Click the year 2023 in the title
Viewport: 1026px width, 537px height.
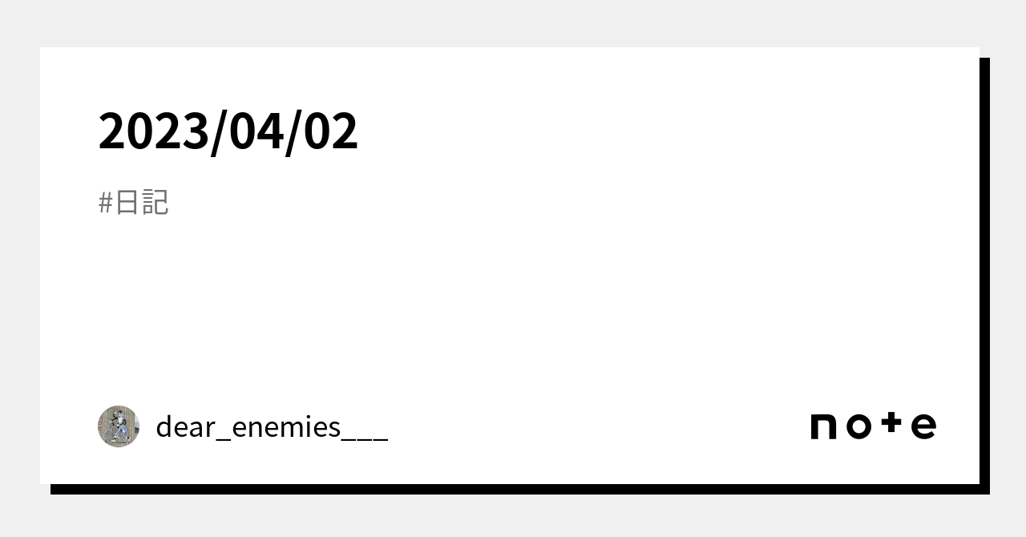pos(154,131)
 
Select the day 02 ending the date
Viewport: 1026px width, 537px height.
pos(330,131)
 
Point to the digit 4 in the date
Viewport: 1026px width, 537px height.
pos(271,131)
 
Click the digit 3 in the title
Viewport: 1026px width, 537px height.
pos(196,131)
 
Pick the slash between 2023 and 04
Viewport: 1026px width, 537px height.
pos(220,133)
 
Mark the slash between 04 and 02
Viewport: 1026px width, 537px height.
pos(293,133)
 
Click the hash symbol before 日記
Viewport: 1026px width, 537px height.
pos(105,203)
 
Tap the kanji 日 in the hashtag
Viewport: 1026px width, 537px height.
pos(127,203)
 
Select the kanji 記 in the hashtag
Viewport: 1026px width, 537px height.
pos(156,203)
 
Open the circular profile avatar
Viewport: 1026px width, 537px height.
pos(119,426)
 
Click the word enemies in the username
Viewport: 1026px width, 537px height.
pos(286,426)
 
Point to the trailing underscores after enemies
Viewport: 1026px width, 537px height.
pos(365,440)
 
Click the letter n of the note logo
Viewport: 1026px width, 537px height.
pos(823,426)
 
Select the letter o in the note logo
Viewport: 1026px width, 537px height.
pos(858,426)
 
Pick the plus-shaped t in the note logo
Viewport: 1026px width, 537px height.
pos(891,423)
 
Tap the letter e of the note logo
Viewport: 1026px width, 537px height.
pos(924,426)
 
